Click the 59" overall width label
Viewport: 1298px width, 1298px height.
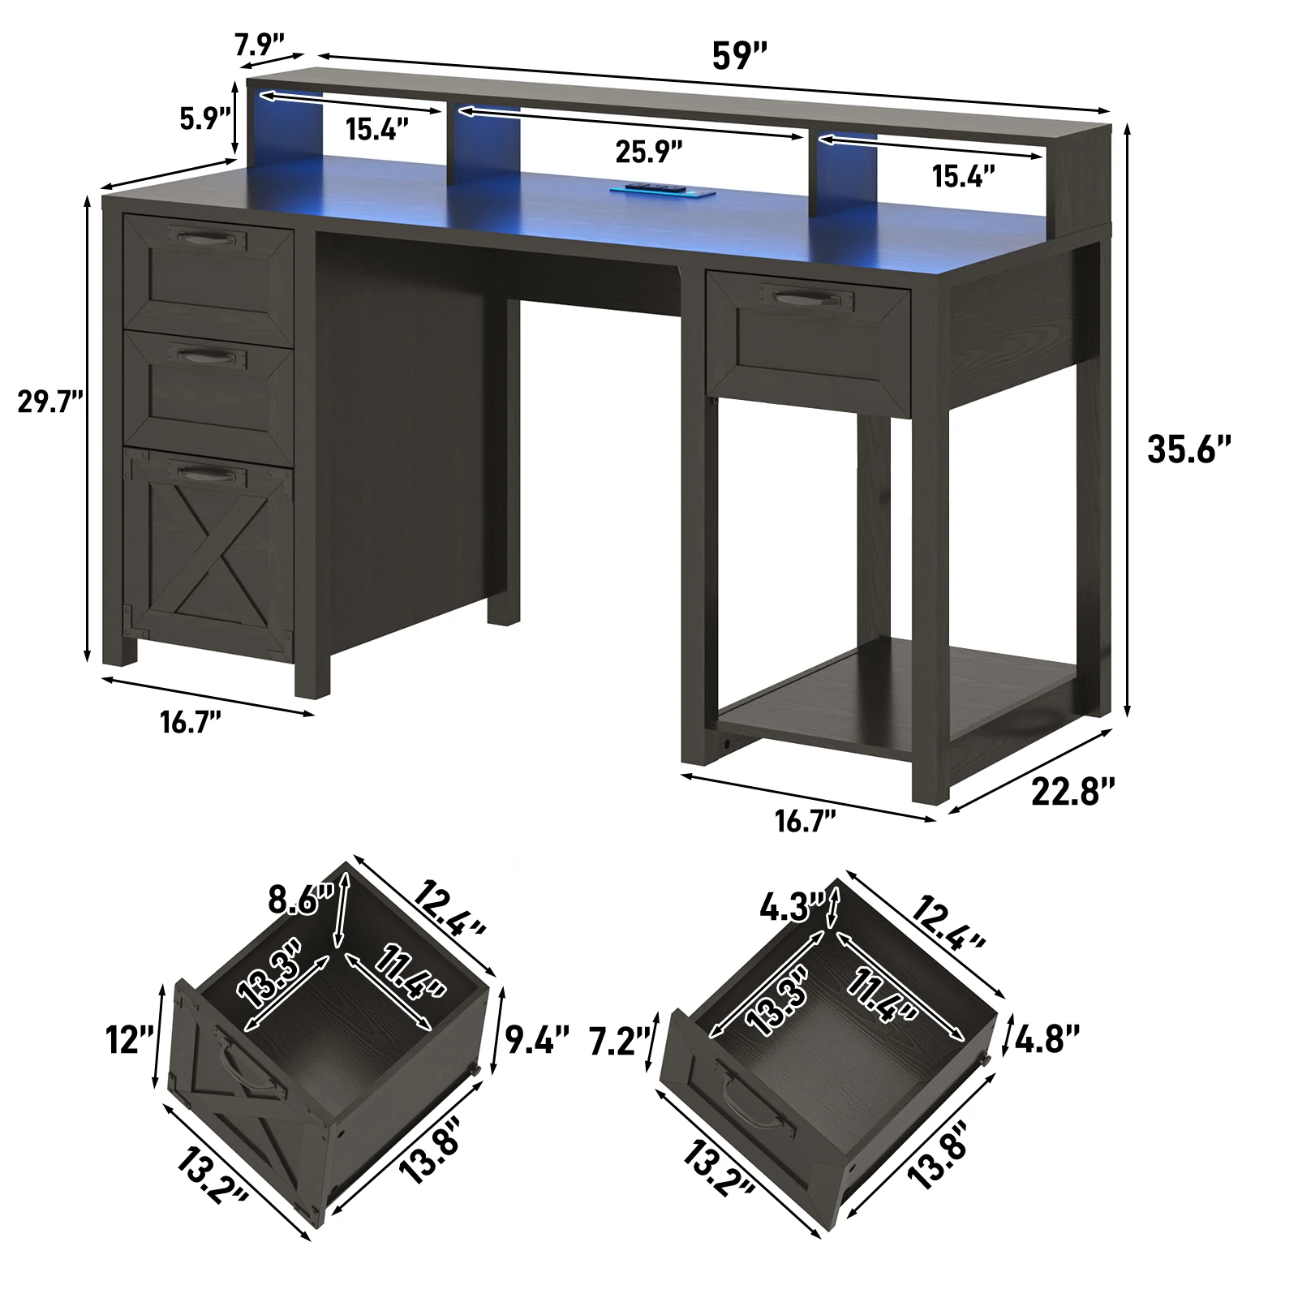coord(739,56)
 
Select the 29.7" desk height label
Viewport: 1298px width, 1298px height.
coord(51,402)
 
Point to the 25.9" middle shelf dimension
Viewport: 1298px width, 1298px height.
coord(649,150)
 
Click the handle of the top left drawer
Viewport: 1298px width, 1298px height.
coord(207,238)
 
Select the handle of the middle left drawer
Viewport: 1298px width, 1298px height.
coord(207,355)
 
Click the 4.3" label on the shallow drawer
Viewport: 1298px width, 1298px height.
coord(793,907)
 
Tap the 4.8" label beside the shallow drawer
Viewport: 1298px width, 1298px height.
coord(1047,1040)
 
